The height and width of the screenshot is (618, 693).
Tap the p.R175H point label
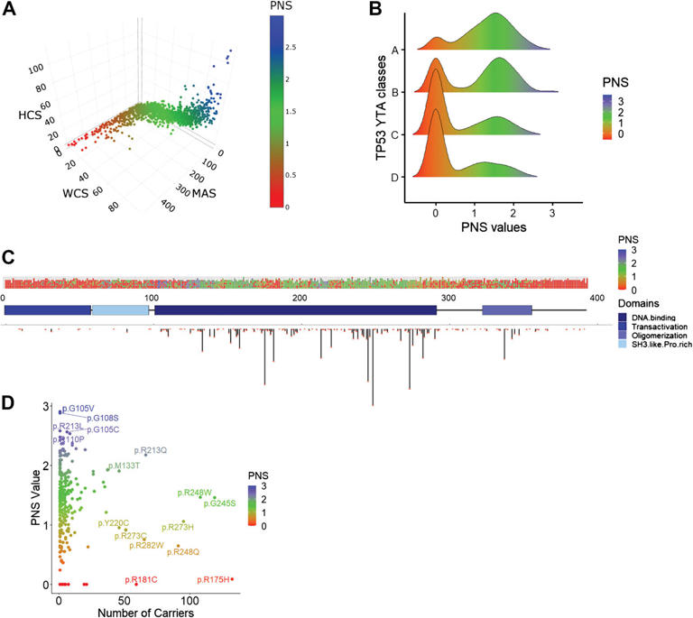214,579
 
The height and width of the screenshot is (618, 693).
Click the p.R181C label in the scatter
140,579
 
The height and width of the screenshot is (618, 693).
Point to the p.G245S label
219,503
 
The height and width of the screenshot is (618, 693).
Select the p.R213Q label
151,449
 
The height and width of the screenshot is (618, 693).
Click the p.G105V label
79,409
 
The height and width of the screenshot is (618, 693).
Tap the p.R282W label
146,545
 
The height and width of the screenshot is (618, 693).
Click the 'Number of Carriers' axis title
148,612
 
